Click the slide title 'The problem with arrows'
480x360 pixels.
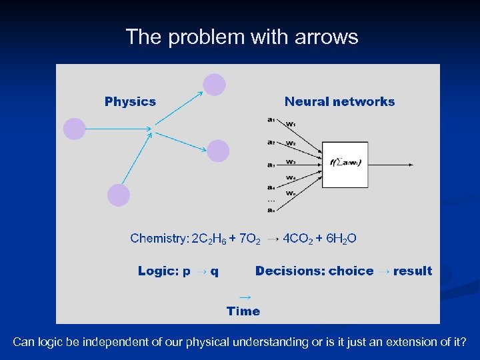click(x=241, y=37)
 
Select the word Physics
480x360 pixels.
click(x=130, y=102)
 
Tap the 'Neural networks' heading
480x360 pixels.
click(x=339, y=102)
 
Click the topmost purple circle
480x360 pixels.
click(x=214, y=85)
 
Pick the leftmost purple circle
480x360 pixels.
click(x=75, y=129)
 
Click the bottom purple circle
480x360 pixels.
click(x=118, y=195)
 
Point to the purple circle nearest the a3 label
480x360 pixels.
click(x=218, y=151)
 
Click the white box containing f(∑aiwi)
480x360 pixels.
click(x=345, y=164)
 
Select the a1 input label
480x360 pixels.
click(x=270, y=120)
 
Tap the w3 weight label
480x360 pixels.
click(x=291, y=161)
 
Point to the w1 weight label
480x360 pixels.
click(x=291, y=124)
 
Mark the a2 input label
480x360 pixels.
click(x=270, y=142)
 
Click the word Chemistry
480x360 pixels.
click(x=159, y=238)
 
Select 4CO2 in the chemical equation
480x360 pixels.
click(x=299, y=239)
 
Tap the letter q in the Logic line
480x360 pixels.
click(x=215, y=271)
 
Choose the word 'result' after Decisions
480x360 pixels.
click(x=413, y=271)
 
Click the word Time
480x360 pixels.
click(x=243, y=311)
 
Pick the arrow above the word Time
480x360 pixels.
click(x=245, y=297)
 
